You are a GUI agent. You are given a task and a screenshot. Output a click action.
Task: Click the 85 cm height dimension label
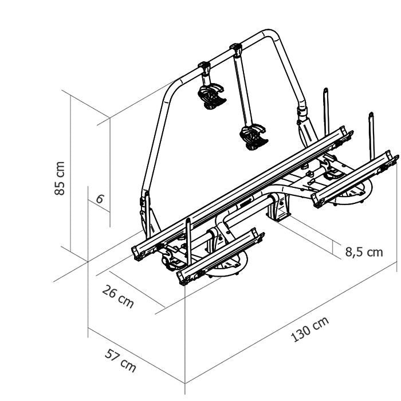pyautogui.click(x=60, y=178)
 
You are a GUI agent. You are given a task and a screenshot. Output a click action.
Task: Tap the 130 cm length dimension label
pyautogui.click(x=310, y=329)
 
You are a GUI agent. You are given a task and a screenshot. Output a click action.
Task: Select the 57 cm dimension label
pyautogui.click(x=120, y=360)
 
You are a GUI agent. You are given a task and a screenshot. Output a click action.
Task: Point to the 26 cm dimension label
pyautogui.click(x=118, y=297)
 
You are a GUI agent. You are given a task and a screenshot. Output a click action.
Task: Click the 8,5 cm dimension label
pyautogui.click(x=364, y=252)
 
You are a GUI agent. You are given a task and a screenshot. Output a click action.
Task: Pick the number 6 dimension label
pyautogui.click(x=100, y=199)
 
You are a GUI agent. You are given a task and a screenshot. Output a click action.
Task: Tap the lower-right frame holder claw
pyautogui.click(x=254, y=137)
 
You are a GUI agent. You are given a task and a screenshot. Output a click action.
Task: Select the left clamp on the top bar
pyautogui.click(x=204, y=67)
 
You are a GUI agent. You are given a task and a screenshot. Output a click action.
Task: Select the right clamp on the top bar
pyautogui.click(x=236, y=49)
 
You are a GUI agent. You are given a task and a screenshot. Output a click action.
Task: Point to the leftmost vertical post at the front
pyautogui.click(x=188, y=241)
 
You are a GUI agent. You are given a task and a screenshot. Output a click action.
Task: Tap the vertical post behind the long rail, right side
pyautogui.click(x=326, y=112)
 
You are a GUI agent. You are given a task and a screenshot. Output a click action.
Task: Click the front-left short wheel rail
pyautogui.click(x=221, y=255)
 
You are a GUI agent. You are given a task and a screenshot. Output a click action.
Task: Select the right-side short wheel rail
pyautogui.click(x=355, y=179)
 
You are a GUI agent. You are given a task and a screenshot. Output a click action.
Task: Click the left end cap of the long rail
pyautogui.click(x=136, y=253)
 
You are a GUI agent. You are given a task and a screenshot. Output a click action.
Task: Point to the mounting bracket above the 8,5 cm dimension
pyautogui.click(x=279, y=207)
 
